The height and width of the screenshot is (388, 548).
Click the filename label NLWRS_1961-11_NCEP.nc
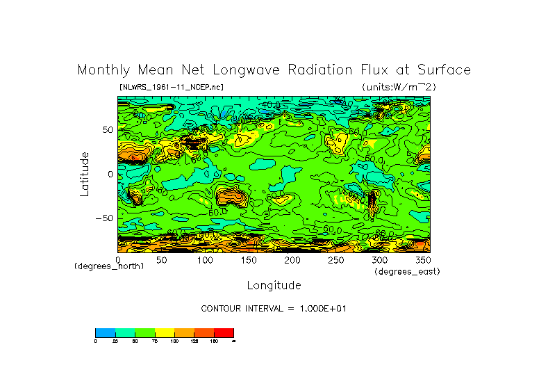coord(172,88)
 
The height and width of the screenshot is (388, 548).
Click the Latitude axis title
coord(84,174)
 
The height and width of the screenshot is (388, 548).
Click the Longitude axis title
coord(274,285)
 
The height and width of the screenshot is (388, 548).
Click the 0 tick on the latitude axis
coord(110,174)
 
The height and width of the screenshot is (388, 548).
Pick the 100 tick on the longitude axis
coord(205,259)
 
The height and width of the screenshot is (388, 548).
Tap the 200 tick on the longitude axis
coord(292,259)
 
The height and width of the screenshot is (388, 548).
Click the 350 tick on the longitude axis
coord(423,259)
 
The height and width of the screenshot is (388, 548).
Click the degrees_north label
coord(109,266)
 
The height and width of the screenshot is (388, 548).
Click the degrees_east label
coord(407,271)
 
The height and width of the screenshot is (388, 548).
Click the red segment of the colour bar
coord(224,332)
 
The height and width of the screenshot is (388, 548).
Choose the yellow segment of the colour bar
coord(165,332)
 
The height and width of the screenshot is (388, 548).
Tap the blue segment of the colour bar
coord(105,332)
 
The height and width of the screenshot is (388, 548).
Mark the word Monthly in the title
coord(102,70)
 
